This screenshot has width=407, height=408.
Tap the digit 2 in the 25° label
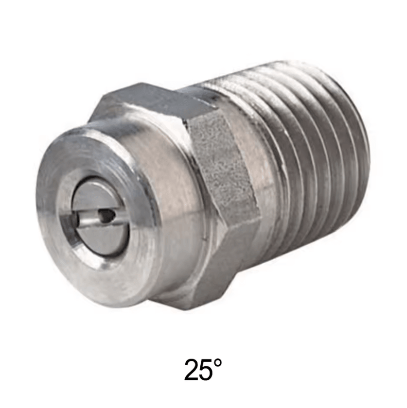pos(194,370)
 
